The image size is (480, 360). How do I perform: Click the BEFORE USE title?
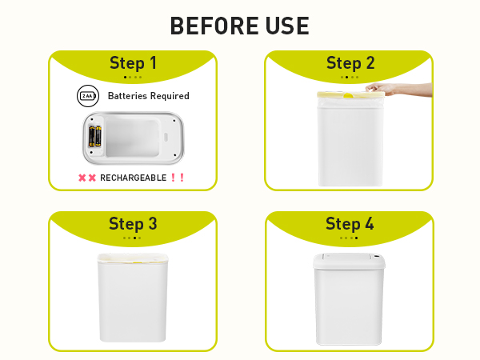(x=240, y=26)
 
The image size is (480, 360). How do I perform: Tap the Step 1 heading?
(x=133, y=64)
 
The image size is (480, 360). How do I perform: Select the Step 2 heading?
(x=350, y=64)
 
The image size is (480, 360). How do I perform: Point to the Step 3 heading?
(x=133, y=224)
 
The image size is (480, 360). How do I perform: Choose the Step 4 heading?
(x=350, y=224)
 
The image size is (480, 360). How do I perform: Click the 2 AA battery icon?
(x=86, y=96)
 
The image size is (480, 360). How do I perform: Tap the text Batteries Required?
(x=148, y=96)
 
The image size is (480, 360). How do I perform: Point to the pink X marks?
(x=87, y=178)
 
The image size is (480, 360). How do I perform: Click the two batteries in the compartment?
(x=95, y=137)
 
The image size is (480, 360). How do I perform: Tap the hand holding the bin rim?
(x=382, y=89)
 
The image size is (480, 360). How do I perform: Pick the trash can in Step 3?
(x=133, y=300)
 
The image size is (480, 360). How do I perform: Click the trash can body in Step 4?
(x=350, y=308)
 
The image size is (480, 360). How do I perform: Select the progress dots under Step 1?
(x=133, y=78)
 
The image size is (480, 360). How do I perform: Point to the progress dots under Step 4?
(x=350, y=238)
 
